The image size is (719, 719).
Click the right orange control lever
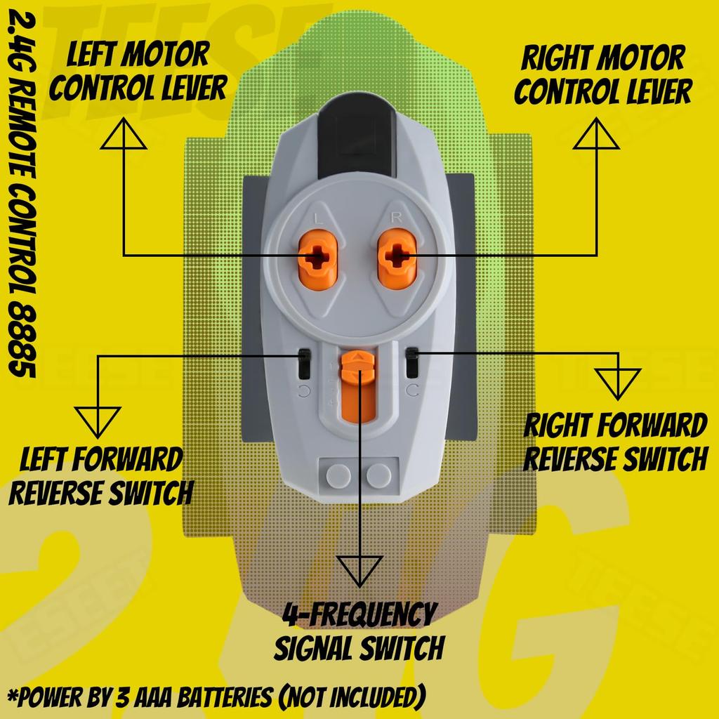click(x=397, y=258)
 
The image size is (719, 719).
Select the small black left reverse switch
click(x=305, y=364)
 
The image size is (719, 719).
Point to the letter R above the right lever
click(x=396, y=218)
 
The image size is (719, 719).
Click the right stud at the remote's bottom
click(x=379, y=475)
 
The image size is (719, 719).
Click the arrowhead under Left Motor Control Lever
click(x=123, y=134)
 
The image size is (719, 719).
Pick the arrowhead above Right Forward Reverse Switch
click(x=618, y=383)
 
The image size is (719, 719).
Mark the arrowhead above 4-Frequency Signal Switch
click(x=359, y=569)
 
